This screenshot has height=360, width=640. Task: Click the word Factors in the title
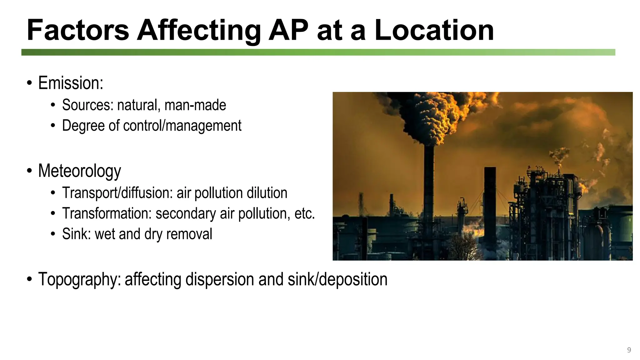click(x=78, y=30)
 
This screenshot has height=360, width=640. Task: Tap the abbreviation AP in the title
click(x=288, y=30)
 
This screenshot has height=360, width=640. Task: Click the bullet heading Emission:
click(x=71, y=83)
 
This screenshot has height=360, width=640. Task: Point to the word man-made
click(x=195, y=105)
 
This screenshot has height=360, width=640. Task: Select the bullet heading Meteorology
click(x=79, y=171)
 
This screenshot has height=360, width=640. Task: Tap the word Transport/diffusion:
click(x=117, y=193)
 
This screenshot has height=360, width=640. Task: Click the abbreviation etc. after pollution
click(x=304, y=213)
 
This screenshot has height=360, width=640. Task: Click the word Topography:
click(x=79, y=279)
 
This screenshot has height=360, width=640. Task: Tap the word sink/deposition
click(x=337, y=279)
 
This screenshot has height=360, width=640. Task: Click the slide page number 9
click(x=629, y=350)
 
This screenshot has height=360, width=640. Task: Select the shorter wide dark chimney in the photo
click(x=490, y=203)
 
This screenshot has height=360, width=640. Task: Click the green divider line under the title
click(x=318, y=52)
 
